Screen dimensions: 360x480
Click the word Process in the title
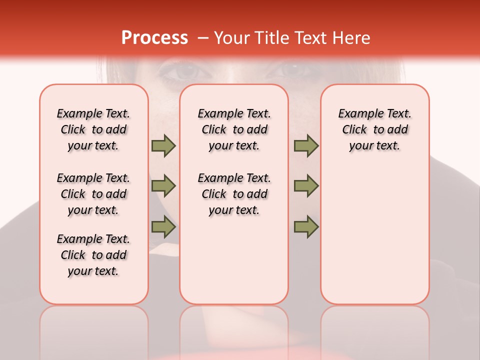pyautogui.click(x=154, y=38)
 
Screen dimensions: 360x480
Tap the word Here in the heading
pyautogui.click(x=352, y=38)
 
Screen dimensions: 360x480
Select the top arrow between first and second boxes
pyautogui.click(x=163, y=146)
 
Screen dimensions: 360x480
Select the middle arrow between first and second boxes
pyautogui.click(x=163, y=186)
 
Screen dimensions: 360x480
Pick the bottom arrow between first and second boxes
pyautogui.click(x=163, y=226)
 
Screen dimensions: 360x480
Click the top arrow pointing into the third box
pyautogui.click(x=305, y=146)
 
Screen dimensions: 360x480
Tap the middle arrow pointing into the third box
pyautogui.click(x=305, y=186)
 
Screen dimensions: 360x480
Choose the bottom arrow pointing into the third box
pyautogui.click(x=305, y=226)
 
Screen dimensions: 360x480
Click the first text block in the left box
pyautogui.click(x=93, y=129)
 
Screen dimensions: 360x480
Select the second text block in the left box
pyautogui.click(x=93, y=194)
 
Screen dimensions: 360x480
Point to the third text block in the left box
pyautogui.click(x=93, y=255)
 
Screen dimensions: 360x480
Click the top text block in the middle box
pyautogui.click(x=234, y=129)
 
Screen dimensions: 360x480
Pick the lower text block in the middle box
pyautogui.click(x=234, y=194)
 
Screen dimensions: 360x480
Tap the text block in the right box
pyautogui.click(x=374, y=129)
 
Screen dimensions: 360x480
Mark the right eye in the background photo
pyautogui.click(x=295, y=70)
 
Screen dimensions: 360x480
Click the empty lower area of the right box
pyautogui.click(x=374, y=240)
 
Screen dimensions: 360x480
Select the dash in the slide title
pyautogui.click(x=203, y=38)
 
